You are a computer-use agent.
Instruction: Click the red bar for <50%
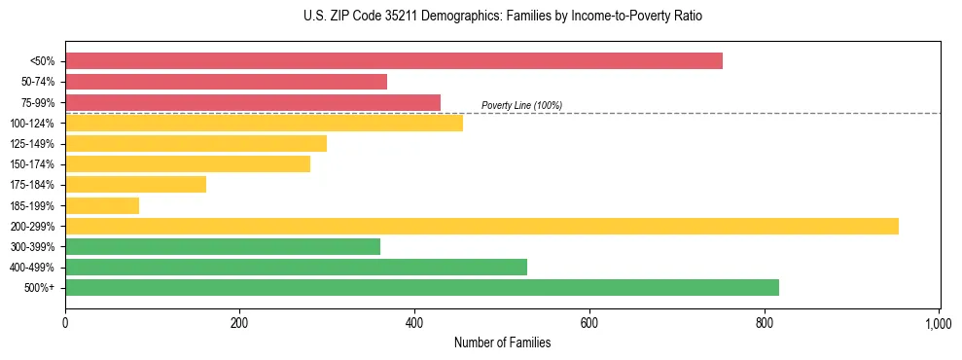click(x=394, y=61)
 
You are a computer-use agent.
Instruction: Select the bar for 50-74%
click(x=226, y=82)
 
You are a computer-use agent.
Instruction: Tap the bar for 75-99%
click(x=253, y=102)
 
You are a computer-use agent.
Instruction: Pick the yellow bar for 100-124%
click(x=264, y=123)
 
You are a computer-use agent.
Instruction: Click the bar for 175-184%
click(x=135, y=184)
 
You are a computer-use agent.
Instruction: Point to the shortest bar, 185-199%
click(x=102, y=205)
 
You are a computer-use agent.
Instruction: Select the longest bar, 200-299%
click(x=481, y=226)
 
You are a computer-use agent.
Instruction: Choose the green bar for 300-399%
click(x=223, y=246)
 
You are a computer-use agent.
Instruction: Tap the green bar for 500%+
click(x=422, y=287)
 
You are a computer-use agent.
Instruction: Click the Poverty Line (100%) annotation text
click(x=521, y=105)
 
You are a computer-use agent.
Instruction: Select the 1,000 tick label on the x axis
click(x=939, y=320)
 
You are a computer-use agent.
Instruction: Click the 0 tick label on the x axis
click(x=65, y=320)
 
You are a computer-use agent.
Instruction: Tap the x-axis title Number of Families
click(x=502, y=342)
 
